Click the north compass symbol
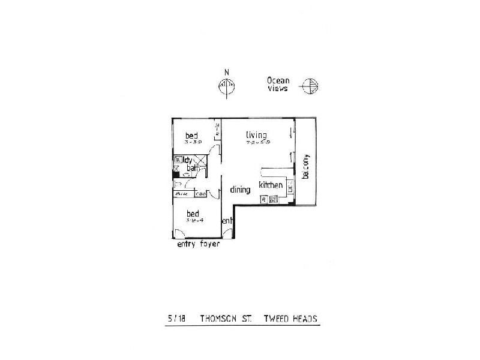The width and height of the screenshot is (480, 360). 226,88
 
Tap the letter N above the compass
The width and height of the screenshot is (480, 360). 226,74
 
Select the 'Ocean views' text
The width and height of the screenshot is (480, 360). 278,84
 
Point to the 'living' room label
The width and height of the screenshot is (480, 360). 256,134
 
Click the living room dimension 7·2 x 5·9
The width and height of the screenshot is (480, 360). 259,143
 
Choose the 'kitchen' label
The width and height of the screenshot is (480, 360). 271,185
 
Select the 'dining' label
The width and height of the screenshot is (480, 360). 240,190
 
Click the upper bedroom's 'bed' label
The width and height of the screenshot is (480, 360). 191,135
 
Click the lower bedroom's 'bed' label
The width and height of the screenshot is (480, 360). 193,213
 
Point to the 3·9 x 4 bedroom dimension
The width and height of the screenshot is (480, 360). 195,220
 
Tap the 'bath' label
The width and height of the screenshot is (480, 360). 193,169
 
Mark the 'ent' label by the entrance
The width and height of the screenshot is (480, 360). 227,221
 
